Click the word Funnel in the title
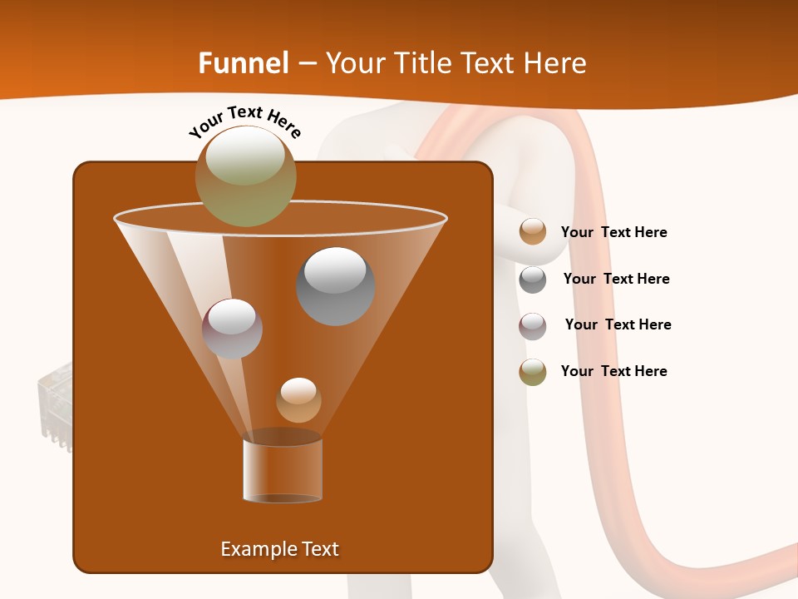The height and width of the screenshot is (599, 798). click(x=243, y=63)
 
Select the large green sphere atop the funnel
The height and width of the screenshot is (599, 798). click(x=246, y=176)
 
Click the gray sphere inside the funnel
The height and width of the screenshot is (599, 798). click(x=335, y=286)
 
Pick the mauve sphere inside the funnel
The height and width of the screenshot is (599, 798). click(x=232, y=329)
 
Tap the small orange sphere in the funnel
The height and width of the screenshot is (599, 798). click(x=298, y=400)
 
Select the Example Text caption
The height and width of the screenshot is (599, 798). click(x=279, y=549)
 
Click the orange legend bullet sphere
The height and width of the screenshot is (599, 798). click(x=533, y=232)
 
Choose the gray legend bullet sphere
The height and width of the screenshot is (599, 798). click(x=533, y=280)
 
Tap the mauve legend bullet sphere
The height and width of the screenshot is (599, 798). click(x=533, y=326)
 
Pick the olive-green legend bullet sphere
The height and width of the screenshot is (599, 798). click(x=533, y=372)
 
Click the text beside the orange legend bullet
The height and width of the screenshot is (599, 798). click(x=613, y=233)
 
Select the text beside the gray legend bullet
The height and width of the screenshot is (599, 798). click(x=616, y=280)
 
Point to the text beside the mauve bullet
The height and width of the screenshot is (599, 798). click(x=618, y=325)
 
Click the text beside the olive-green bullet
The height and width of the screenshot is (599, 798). click(x=613, y=372)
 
